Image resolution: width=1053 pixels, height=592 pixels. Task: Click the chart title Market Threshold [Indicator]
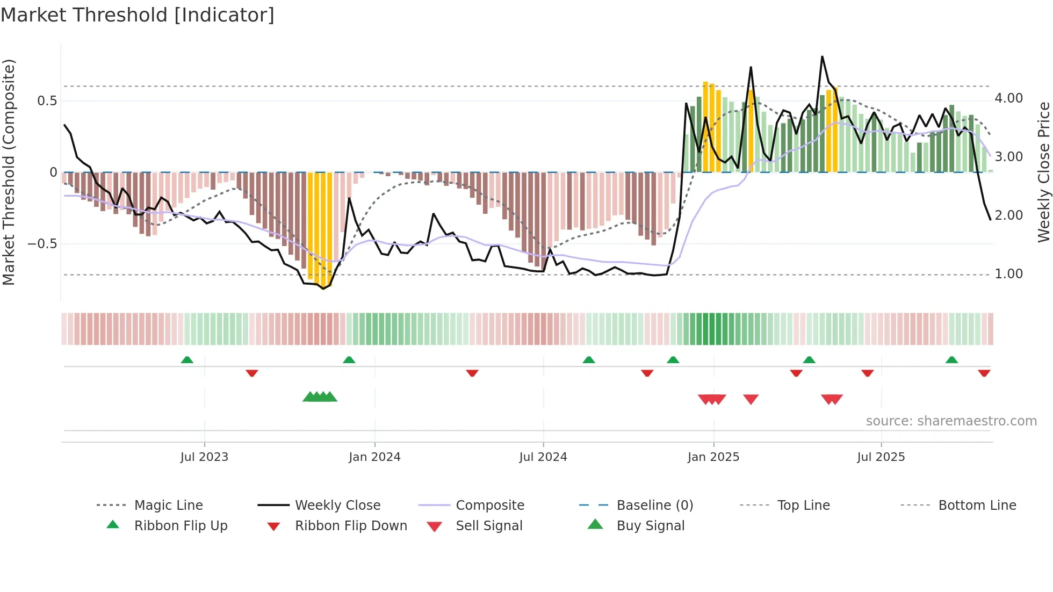[138, 15]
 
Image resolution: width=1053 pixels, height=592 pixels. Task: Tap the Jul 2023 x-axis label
[204, 457]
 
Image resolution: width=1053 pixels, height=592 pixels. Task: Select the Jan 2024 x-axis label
[374, 457]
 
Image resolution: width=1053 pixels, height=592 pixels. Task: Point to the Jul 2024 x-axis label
[543, 457]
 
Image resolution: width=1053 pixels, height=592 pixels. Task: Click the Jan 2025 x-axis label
[713, 457]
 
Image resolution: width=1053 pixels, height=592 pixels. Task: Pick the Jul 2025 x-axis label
[881, 457]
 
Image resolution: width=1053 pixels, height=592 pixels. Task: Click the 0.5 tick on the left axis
[47, 101]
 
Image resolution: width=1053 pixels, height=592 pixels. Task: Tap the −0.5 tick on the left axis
[42, 244]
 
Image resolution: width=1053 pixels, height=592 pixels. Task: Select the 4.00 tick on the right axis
[1009, 98]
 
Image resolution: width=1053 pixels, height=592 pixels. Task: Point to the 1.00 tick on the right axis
[1009, 274]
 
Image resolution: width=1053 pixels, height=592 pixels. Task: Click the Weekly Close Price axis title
[1044, 172]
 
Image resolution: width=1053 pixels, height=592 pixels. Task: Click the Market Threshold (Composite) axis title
[9, 172]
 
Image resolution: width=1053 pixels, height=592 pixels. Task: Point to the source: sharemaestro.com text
[951, 421]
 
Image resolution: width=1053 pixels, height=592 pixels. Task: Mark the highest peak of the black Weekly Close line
[822, 56]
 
